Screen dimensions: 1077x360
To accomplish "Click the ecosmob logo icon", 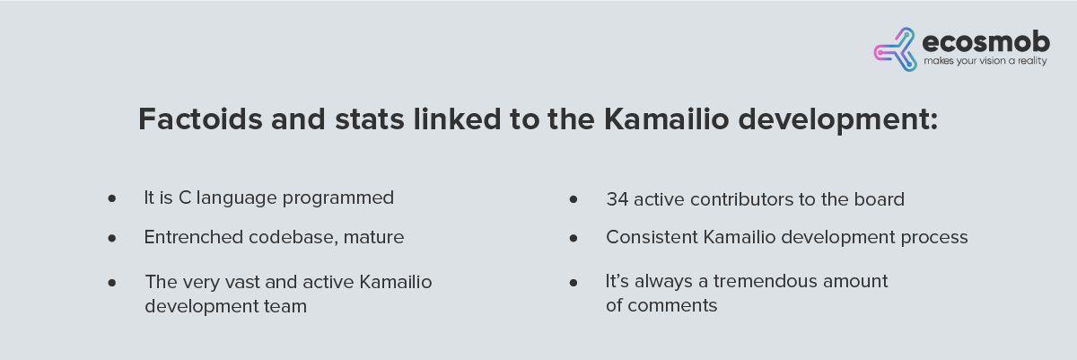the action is (x=896, y=49).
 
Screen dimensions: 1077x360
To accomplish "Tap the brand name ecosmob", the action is (x=986, y=42).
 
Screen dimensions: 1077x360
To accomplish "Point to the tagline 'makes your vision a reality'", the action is (x=985, y=61).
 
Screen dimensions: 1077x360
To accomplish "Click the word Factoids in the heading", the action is (x=200, y=119).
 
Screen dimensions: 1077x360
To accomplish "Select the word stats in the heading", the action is (x=369, y=119).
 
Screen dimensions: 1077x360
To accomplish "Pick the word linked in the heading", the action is (x=457, y=119).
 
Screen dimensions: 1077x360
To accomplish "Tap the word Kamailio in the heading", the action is (x=666, y=119).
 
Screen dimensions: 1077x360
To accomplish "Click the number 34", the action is (x=617, y=199).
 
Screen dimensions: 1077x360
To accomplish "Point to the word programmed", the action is (x=338, y=198).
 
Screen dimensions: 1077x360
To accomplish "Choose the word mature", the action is (x=373, y=237).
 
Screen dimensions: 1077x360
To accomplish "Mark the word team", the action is (x=285, y=307).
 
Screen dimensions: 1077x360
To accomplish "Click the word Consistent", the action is (x=652, y=237).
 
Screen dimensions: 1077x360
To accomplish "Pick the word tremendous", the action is (x=765, y=281).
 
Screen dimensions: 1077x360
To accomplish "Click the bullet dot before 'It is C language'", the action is (x=112, y=198).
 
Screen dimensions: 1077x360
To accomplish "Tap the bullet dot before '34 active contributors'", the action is (x=574, y=199).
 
